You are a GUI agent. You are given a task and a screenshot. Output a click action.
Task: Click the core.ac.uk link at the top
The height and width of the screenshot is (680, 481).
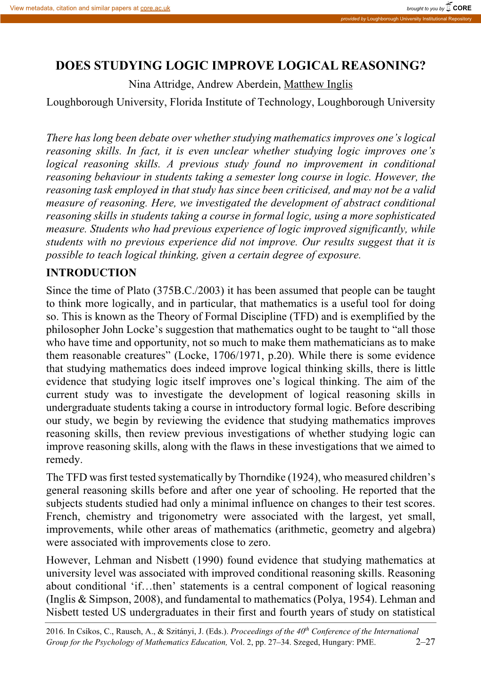(x=155, y=8)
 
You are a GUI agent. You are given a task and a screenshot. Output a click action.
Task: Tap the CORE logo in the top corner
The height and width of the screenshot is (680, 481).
(x=459, y=7)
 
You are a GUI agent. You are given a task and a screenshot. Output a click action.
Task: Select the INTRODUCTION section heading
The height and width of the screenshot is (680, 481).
(x=91, y=273)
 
